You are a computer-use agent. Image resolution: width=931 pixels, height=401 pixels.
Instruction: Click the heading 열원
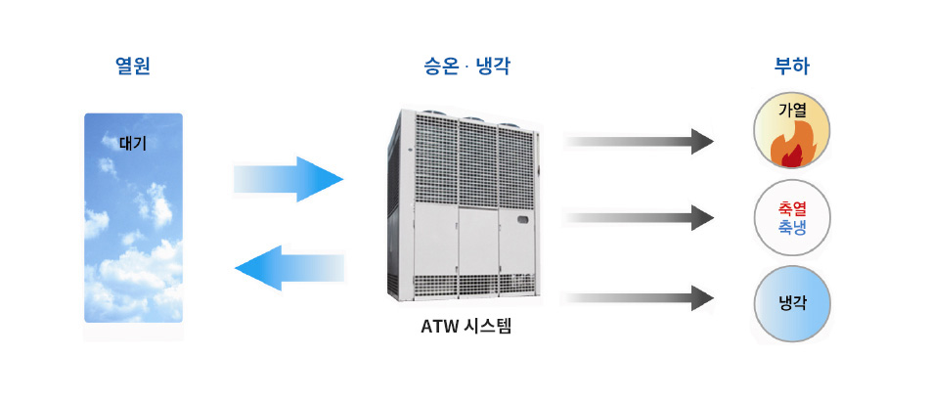(133, 67)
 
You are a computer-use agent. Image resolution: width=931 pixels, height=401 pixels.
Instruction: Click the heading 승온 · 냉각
(465, 67)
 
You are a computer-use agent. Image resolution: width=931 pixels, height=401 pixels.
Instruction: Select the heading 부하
(791, 67)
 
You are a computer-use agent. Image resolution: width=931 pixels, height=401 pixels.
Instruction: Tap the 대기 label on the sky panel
(132, 142)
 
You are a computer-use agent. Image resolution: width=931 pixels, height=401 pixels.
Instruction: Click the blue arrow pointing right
(289, 179)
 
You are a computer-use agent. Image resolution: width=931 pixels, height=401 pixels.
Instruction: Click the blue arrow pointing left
(289, 267)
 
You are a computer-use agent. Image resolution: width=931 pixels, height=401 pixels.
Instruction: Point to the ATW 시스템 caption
(465, 326)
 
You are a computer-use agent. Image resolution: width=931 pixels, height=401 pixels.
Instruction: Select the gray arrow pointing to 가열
(641, 141)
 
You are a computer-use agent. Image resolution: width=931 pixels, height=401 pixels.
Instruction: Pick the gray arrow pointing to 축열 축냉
(641, 218)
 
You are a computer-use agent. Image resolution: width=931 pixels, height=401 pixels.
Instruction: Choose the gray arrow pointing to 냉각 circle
(641, 297)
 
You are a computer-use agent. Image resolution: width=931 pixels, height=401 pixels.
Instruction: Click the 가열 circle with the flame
(791, 130)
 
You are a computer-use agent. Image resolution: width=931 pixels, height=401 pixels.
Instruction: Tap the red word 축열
(791, 208)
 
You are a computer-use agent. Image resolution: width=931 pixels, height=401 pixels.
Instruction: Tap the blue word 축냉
(791, 228)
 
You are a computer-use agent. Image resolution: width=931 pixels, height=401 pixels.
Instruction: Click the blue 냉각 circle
(791, 303)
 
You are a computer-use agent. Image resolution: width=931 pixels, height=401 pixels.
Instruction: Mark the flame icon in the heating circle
(788, 147)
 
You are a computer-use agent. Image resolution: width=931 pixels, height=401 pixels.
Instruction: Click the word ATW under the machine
(438, 326)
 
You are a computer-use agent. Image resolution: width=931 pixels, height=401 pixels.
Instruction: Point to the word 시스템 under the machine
(484, 326)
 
